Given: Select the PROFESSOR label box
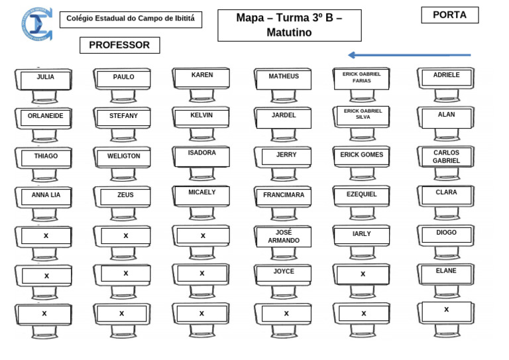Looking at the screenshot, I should click(119, 45).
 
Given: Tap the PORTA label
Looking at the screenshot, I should click(449, 15).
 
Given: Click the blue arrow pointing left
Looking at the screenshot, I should click(409, 55).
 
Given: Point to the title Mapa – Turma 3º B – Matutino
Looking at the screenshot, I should click(289, 25).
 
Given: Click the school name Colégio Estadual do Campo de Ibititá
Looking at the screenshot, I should click(131, 19).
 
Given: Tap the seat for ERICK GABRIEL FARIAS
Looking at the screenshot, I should click(361, 79).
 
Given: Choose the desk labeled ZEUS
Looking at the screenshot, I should click(125, 196).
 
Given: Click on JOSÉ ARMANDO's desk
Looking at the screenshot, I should click(284, 237).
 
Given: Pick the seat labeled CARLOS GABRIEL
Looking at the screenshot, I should click(446, 157).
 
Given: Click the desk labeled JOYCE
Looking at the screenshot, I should click(284, 273).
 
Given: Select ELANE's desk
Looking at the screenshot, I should click(446, 273).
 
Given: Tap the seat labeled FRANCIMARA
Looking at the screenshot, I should click(284, 196).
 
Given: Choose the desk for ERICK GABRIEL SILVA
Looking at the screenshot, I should click(363, 115).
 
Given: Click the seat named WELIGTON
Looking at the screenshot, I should click(124, 158).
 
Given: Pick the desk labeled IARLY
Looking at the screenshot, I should click(362, 235).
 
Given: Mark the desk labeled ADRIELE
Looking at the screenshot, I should click(446, 78).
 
